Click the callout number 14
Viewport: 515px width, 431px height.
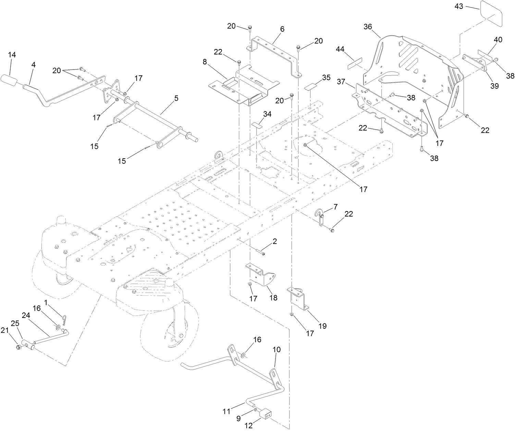[12, 55]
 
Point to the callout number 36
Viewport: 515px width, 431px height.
[368, 27]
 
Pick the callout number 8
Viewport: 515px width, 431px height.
[205, 62]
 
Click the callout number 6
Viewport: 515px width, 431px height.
[282, 29]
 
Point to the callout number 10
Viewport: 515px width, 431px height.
[277, 349]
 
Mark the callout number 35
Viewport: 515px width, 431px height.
[326, 77]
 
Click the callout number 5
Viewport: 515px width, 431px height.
[176, 98]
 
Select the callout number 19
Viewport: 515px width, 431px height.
[323, 326]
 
